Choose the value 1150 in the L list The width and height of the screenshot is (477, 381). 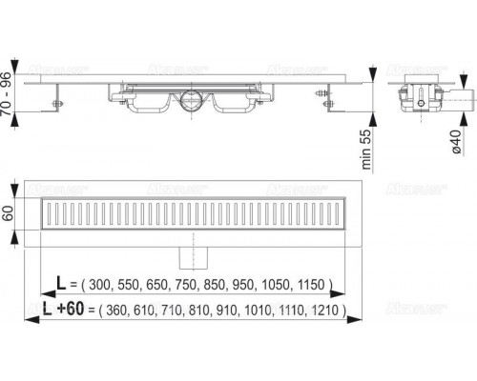tap(311, 285)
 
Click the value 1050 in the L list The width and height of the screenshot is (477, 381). tap(279, 285)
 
